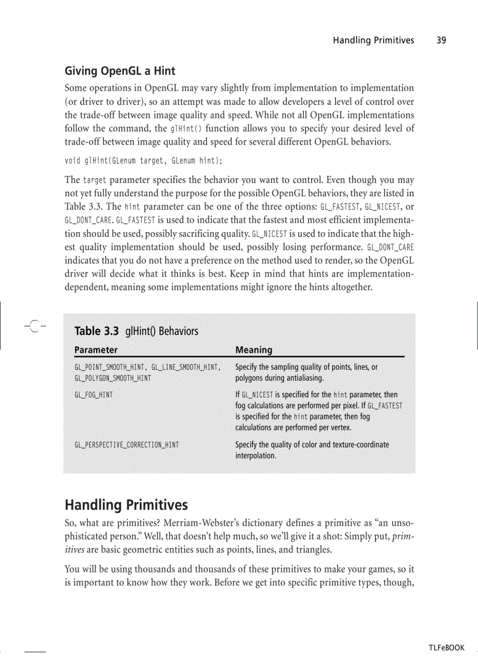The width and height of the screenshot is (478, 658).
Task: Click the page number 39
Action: pyautogui.click(x=441, y=40)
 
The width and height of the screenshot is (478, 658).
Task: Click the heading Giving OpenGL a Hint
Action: pyautogui.click(x=119, y=71)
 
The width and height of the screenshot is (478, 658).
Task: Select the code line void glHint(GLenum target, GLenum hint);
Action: pyautogui.click(x=144, y=161)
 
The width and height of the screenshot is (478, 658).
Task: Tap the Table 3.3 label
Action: pyautogui.click(x=97, y=331)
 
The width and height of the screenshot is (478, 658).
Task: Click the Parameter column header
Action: pyautogui.click(x=96, y=350)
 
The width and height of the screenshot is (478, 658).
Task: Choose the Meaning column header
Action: pyautogui.click(x=254, y=350)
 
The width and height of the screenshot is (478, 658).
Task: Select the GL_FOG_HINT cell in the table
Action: pyautogui.click(x=94, y=395)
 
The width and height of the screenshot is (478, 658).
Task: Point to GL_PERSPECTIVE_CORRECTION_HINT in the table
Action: pyautogui.click(x=127, y=445)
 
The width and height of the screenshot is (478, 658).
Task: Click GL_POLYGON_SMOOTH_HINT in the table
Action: pyautogui.click(x=112, y=378)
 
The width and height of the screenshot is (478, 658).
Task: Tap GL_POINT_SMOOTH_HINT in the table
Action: pyautogui.click(x=110, y=367)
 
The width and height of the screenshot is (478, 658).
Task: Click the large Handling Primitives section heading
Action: pyautogui.click(x=126, y=504)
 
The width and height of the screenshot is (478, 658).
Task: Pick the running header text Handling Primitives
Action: pyautogui.click(x=373, y=40)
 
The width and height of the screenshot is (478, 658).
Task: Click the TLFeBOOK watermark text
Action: pyautogui.click(x=446, y=647)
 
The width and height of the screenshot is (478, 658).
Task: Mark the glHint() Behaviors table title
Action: pyautogui.click(x=162, y=331)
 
